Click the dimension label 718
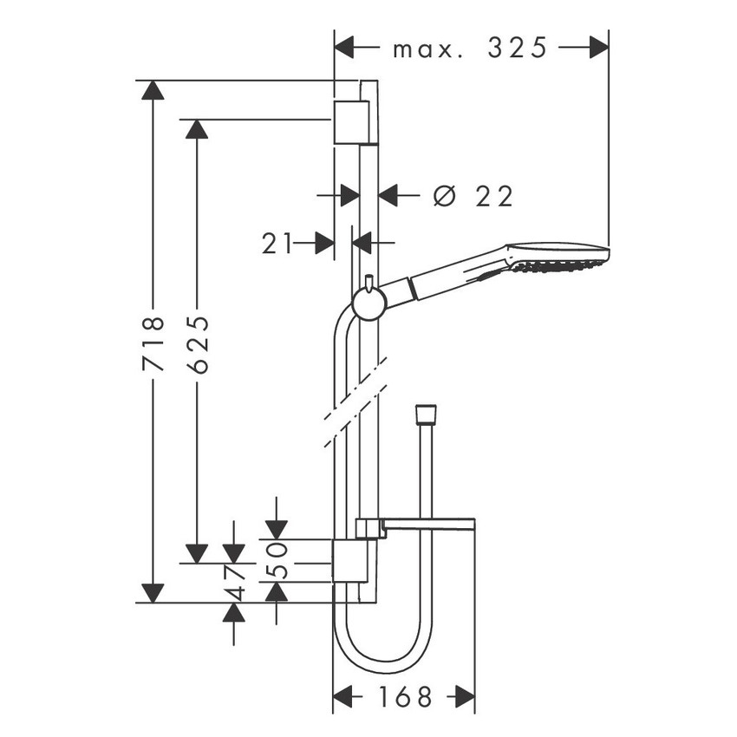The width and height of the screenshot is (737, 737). pos(153,344)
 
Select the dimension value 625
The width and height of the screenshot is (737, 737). pos(198,344)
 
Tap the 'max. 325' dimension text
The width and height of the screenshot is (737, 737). pos(471,48)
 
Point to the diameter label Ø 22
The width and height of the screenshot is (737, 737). pos(473,196)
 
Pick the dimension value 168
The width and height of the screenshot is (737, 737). pos(406,696)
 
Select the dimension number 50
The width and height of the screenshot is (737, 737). pos(277,562)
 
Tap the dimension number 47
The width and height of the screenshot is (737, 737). pos(233,584)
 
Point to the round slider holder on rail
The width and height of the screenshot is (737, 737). pos(368,304)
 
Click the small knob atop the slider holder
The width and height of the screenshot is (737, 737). pos(368,283)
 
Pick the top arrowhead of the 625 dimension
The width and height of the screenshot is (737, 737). pos(198,129)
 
